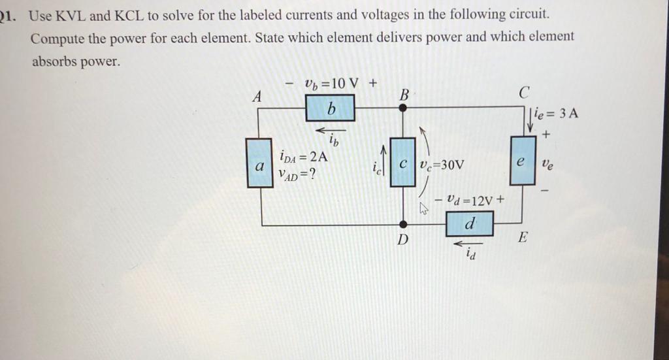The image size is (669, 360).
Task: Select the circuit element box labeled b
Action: click(x=331, y=108)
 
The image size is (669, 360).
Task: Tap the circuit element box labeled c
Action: click(x=403, y=163)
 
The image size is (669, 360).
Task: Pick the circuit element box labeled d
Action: click(x=470, y=225)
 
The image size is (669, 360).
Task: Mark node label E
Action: click(x=522, y=238)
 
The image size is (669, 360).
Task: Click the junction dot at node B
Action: click(x=403, y=109)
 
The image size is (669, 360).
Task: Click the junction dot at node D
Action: click(x=403, y=225)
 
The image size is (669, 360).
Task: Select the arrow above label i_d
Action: click(x=469, y=244)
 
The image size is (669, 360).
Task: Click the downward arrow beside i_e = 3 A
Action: click(x=530, y=121)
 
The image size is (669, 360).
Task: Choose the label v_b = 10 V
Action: click(x=331, y=84)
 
